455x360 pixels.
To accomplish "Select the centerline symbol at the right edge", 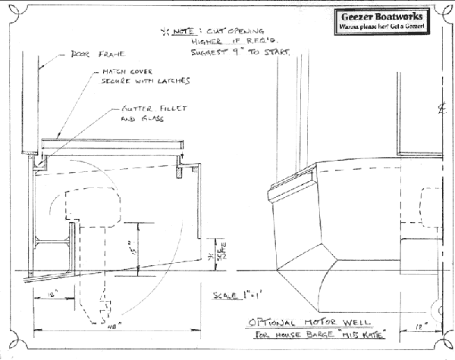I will (x=441, y=108).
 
